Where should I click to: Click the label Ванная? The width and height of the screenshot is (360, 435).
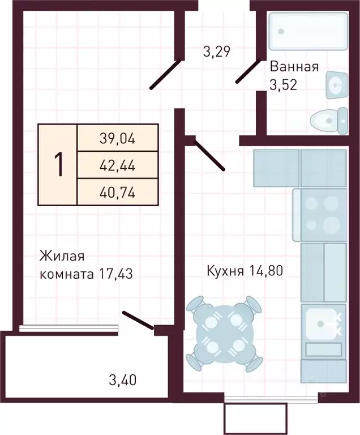[294, 67]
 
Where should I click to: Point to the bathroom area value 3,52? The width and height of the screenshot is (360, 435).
[283, 85]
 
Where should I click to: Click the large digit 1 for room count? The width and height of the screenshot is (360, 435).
[58, 164]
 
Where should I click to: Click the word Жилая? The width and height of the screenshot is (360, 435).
[58, 257]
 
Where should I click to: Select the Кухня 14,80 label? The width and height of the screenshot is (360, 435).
[244, 271]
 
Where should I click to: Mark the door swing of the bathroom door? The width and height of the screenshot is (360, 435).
[248, 72]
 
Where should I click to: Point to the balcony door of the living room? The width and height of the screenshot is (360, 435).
[138, 319]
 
